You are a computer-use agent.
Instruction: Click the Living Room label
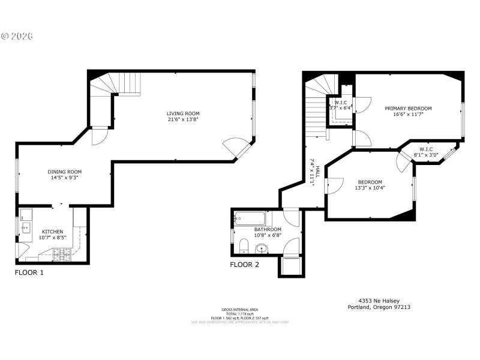(x=183, y=113)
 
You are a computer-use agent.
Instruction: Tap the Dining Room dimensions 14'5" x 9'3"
(x=65, y=178)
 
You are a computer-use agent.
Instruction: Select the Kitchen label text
(x=52, y=231)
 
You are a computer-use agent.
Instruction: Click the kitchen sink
(x=26, y=227)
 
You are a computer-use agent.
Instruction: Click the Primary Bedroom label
(x=408, y=109)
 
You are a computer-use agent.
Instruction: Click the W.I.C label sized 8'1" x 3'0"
(x=426, y=149)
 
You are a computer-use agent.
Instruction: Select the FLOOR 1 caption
(x=29, y=272)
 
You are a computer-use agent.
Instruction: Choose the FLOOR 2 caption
(x=244, y=264)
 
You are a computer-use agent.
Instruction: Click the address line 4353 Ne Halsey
(x=379, y=301)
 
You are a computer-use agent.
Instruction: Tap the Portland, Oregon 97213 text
(x=379, y=307)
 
